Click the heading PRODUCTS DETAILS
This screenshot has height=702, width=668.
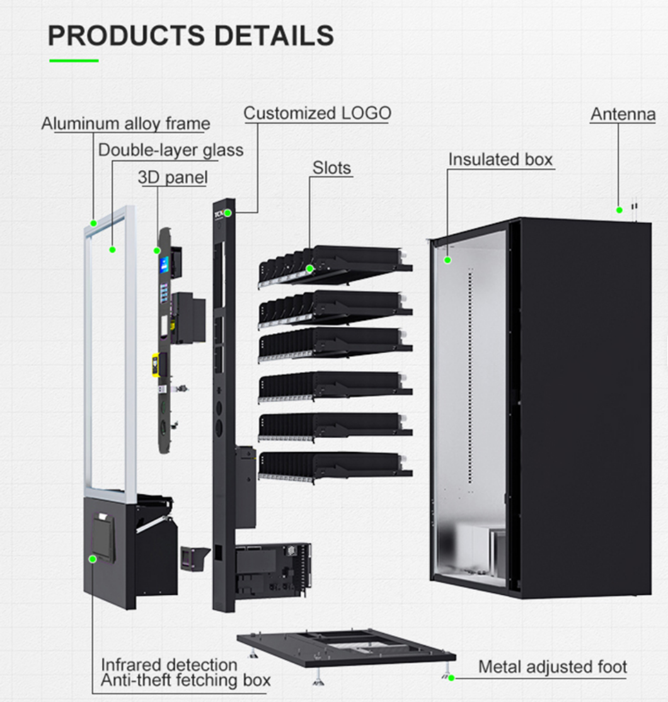[x=190, y=36]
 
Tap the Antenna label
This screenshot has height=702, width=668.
[x=623, y=114]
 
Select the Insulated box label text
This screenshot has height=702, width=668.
[x=500, y=159]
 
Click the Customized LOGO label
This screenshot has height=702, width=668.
[x=317, y=113]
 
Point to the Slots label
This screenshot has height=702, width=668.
[x=331, y=168]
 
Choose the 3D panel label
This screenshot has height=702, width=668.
[x=172, y=178]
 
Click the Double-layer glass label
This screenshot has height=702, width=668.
[x=170, y=151]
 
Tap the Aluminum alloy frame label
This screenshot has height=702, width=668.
[x=125, y=124]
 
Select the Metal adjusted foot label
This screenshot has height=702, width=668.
[x=552, y=667]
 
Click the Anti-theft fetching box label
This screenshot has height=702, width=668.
[x=186, y=681]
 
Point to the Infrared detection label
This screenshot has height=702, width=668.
[x=169, y=664]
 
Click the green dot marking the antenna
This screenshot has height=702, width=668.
[x=619, y=210]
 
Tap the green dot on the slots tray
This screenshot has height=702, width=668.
[x=309, y=268]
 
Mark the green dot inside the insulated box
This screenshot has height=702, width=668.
[x=448, y=259]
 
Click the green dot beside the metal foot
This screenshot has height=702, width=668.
[x=451, y=678]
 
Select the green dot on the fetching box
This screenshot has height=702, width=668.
[x=92, y=558]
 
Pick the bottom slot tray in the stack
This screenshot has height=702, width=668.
[x=334, y=466]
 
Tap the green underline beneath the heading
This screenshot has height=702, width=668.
[x=74, y=60]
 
